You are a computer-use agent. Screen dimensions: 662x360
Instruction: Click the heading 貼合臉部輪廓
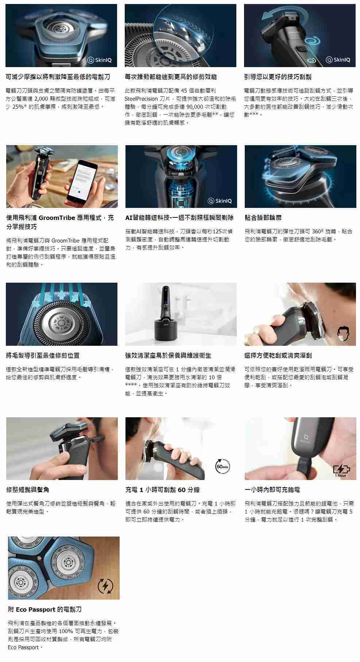(263, 218)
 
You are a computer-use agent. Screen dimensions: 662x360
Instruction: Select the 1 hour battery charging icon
(341, 471)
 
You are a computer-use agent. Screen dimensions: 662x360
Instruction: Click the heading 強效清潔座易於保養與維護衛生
(168, 355)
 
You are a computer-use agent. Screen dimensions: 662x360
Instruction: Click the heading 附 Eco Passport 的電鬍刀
(45, 609)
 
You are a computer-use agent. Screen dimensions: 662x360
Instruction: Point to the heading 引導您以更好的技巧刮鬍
(278, 77)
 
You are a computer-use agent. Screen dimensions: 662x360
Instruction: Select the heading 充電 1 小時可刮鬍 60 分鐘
(162, 489)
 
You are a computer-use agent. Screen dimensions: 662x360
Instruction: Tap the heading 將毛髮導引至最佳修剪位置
(43, 355)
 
